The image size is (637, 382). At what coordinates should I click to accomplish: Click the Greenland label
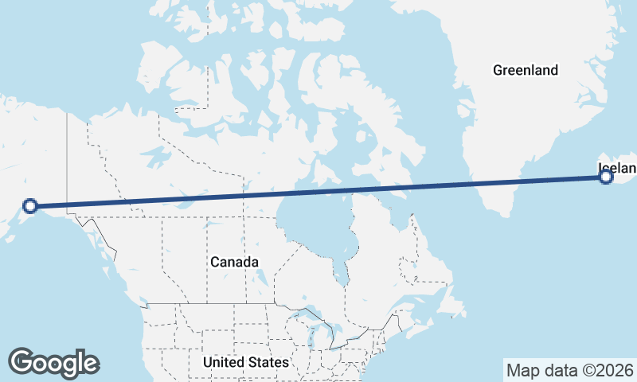526,70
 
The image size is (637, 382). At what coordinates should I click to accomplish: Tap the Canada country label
234,262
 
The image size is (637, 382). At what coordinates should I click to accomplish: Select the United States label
245,363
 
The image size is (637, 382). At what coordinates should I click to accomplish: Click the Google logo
53,362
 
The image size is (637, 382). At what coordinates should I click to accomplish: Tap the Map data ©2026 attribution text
569,370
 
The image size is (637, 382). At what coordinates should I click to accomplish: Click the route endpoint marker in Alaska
30,206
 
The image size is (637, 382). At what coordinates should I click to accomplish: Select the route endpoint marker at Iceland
606,177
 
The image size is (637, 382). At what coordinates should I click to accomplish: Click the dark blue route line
318,192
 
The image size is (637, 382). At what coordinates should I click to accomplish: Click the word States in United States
267,363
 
